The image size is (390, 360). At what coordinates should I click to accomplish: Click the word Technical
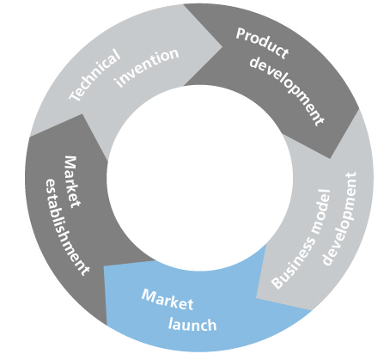94,76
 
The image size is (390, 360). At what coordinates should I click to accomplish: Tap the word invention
147,68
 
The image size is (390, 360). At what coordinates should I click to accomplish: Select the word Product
262,43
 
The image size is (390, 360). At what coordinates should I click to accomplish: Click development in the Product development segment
287,89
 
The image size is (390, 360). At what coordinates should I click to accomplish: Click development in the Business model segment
340,218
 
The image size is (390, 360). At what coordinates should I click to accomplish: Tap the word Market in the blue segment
168,300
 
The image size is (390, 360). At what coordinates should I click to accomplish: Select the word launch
192,325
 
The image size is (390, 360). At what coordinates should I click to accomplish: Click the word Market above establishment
71,181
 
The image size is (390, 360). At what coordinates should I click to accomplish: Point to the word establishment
66,227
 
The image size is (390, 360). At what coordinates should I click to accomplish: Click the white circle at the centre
200,178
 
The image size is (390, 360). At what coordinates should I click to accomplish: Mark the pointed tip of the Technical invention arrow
222,46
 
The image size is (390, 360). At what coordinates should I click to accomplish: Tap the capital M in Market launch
149,295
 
